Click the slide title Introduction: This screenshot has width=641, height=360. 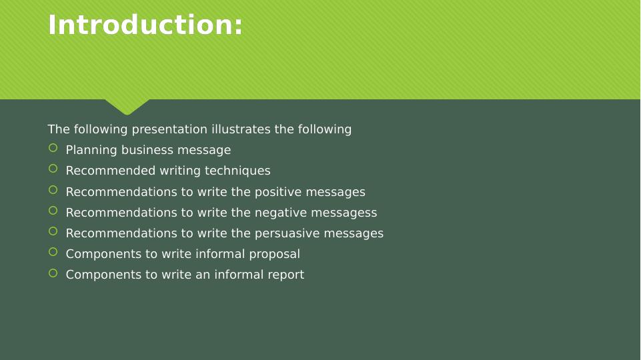point(145,25)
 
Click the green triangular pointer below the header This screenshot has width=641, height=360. point(127,107)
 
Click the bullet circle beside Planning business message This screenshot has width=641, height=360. point(53,148)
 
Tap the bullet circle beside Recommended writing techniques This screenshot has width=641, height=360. point(53,169)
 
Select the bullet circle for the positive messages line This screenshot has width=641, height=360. point(53,190)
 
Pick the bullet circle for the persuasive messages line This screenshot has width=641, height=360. point(53,231)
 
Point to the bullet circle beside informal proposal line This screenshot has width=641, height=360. point(53,252)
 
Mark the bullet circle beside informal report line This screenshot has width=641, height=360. point(53,273)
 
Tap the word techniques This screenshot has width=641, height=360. point(242,171)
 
